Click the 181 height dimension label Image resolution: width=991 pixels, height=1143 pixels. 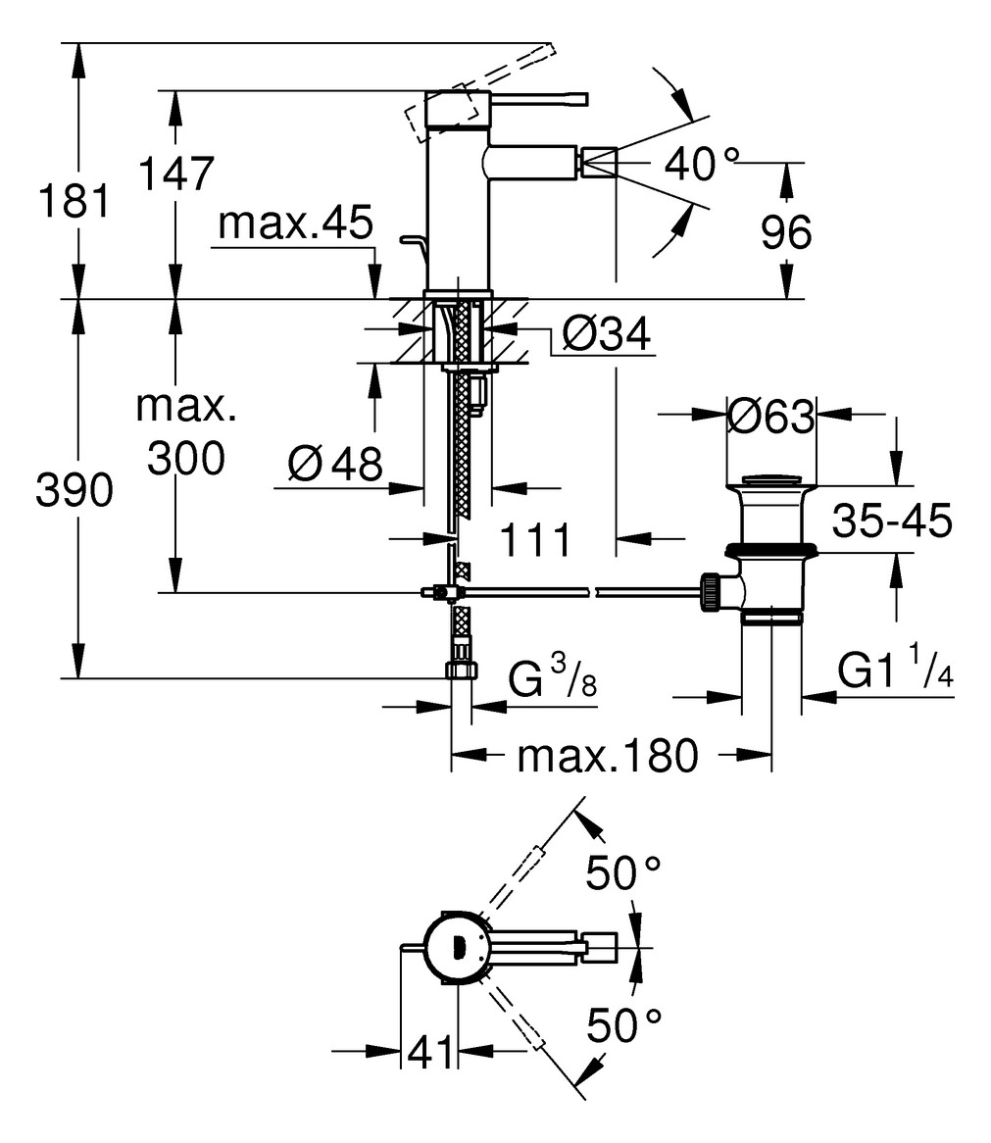point(72,203)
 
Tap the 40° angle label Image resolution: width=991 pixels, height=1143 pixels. point(702,164)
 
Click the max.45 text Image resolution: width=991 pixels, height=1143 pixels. point(295,224)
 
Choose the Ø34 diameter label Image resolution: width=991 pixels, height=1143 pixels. point(607,336)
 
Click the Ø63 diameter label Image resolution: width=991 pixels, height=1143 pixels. point(770,418)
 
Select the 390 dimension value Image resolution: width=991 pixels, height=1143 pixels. point(72,491)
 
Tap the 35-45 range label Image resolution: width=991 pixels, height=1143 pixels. point(892,522)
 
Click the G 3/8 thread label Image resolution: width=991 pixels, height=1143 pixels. point(552,678)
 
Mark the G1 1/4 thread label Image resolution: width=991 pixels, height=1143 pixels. point(895,673)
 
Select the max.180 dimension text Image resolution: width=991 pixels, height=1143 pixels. point(608,756)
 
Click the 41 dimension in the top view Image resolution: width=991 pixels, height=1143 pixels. point(431,1053)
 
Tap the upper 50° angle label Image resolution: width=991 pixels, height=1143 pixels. point(622,871)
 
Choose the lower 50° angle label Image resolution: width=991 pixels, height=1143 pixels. point(623,1026)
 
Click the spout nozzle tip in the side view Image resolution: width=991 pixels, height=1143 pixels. point(599,160)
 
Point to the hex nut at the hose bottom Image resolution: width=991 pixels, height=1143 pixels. point(460,671)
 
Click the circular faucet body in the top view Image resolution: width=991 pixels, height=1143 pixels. point(456,947)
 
